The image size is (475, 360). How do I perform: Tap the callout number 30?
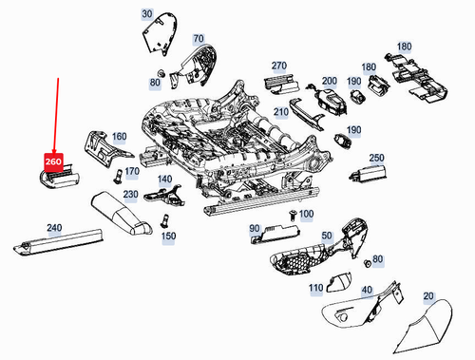(x=146, y=14)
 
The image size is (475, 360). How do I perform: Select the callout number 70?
(x=198, y=39)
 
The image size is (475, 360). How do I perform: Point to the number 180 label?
(x=404, y=47)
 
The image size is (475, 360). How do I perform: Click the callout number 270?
(x=278, y=66)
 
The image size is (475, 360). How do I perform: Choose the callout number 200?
(x=330, y=82)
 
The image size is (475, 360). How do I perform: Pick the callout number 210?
(x=281, y=111)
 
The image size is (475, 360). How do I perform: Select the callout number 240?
(x=53, y=228)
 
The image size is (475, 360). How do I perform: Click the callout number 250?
(x=376, y=158)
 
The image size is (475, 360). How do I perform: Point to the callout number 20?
(x=427, y=297)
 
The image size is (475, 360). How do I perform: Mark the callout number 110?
(x=315, y=287)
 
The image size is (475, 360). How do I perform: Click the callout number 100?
(x=305, y=215)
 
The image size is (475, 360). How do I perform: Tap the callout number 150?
(x=169, y=236)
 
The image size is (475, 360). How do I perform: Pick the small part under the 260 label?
(x=55, y=179)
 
